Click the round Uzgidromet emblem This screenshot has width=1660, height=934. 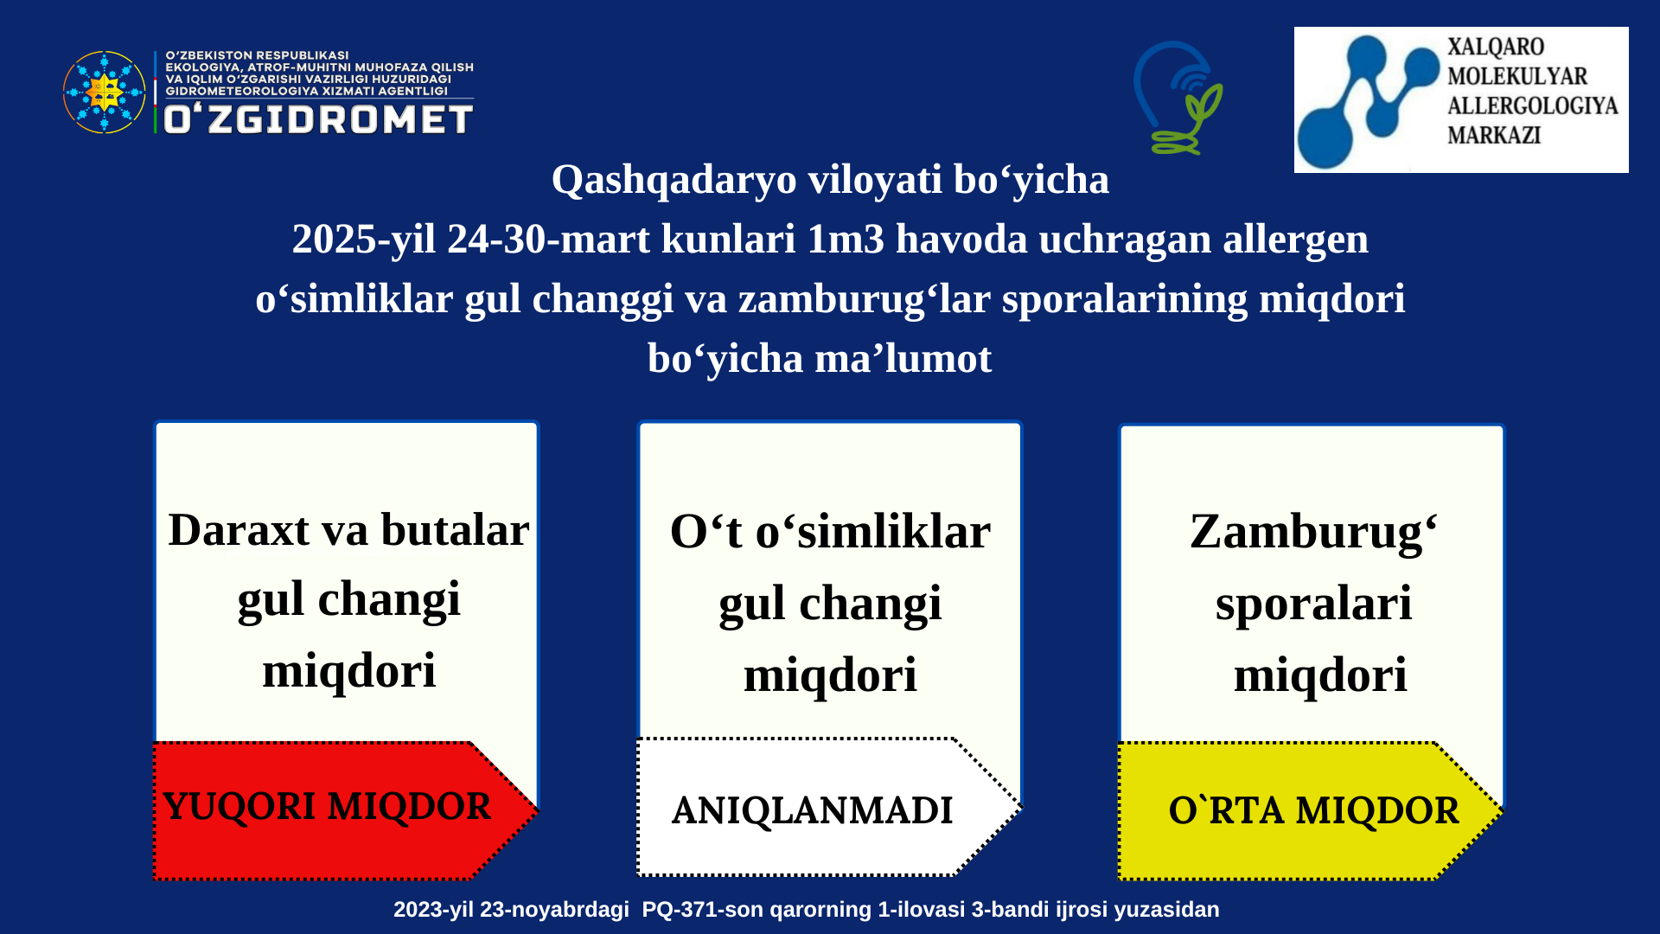105,92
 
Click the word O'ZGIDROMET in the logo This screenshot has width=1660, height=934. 318,119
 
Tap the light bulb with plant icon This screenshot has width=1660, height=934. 1178,98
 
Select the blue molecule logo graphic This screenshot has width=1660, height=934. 1369,100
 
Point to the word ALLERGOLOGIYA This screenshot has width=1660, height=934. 1532,106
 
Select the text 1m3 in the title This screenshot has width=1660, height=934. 846,240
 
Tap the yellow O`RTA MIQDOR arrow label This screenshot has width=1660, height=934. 1311,810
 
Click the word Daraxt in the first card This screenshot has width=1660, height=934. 239,529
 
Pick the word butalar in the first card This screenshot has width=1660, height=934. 455,529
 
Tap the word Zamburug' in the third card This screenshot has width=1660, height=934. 1314,533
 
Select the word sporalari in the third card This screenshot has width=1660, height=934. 1313,605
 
